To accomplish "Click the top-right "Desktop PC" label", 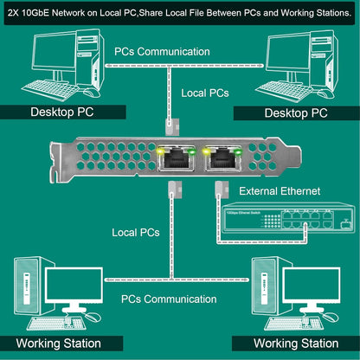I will [296, 112].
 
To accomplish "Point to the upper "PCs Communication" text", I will [162, 51].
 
